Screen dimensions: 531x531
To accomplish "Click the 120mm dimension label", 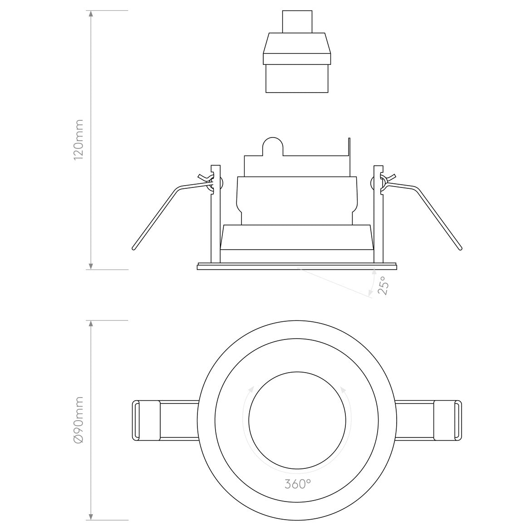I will click(x=79, y=139).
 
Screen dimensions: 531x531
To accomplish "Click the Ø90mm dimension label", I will click(x=79, y=420).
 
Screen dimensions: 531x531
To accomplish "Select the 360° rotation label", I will click(x=298, y=484).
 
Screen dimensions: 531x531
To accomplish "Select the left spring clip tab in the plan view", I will click(x=146, y=420).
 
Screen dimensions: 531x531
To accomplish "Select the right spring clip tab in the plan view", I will click(x=447, y=420).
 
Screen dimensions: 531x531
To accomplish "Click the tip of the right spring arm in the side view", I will click(x=461, y=249).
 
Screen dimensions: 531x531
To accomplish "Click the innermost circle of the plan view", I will click(x=297, y=420).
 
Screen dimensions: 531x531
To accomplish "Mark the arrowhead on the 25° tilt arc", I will click(x=374, y=272).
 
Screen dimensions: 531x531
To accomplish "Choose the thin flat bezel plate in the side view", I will click(x=297, y=266).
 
